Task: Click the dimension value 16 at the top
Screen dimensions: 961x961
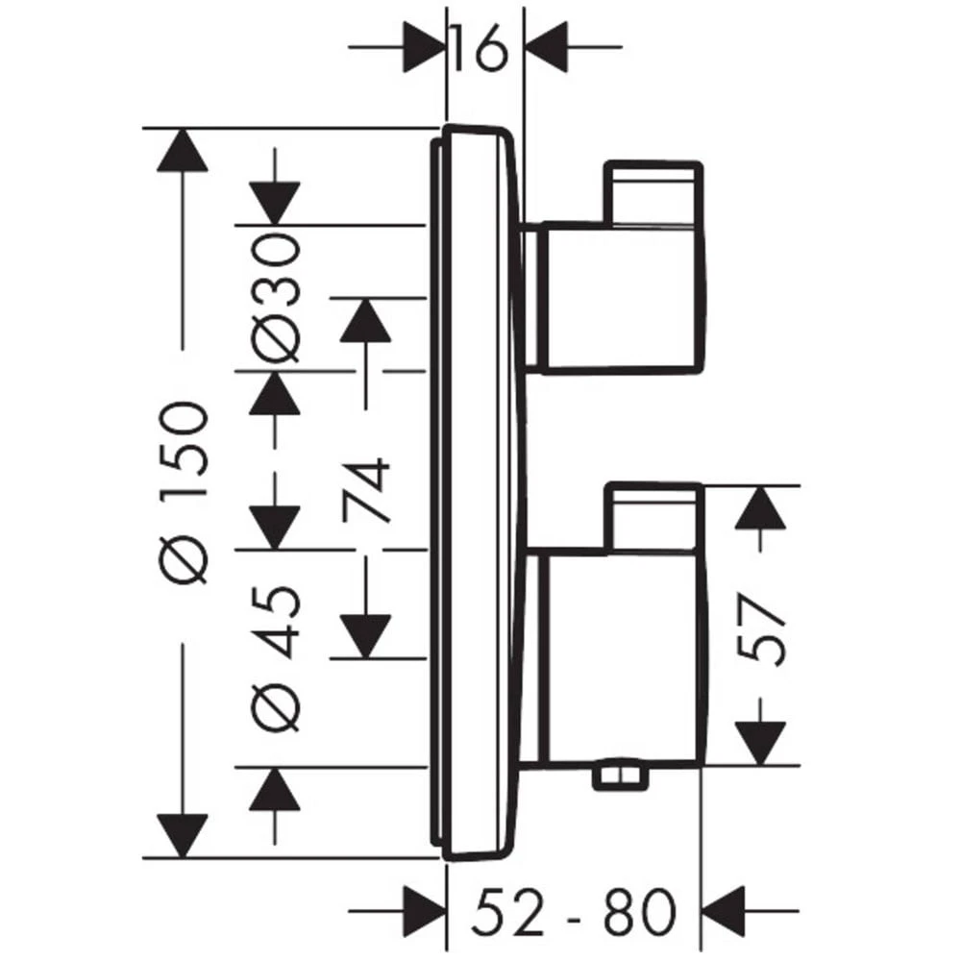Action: click(x=480, y=47)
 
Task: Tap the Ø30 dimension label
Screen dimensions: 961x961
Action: click(x=276, y=298)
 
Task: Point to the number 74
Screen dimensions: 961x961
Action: click(x=367, y=490)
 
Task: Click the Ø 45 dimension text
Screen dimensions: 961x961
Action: click(x=276, y=659)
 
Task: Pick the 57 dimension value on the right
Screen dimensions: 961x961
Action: click(x=760, y=628)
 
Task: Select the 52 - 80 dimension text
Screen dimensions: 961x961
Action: click(x=574, y=910)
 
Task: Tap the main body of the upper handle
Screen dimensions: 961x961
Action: click(x=621, y=298)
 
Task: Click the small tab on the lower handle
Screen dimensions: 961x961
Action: click(x=653, y=516)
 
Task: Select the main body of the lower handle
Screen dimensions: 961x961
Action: click(x=621, y=658)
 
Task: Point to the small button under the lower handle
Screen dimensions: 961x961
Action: click(x=620, y=778)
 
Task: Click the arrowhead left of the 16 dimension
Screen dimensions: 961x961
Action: click(x=424, y=47)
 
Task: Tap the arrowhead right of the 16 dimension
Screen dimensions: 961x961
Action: click(x=547, y=47)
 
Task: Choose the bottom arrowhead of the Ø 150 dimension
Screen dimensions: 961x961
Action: click(x=182, y=836)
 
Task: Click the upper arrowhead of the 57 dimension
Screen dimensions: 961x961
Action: click(x=760, y=506)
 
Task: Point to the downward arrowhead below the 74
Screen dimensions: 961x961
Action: click(x=366, y=637)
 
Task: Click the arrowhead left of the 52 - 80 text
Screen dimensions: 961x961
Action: click(x=424, y=911)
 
